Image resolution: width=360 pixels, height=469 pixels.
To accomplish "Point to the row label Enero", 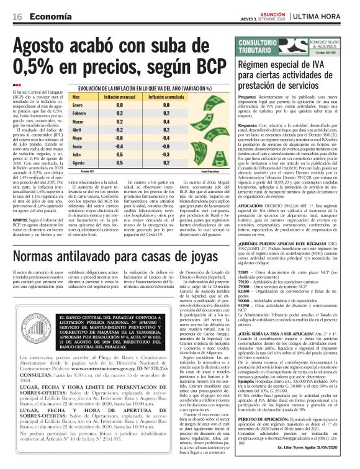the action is click(x=79, y=106).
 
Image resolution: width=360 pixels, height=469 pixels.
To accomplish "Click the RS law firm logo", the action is click(x=323, y=47).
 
